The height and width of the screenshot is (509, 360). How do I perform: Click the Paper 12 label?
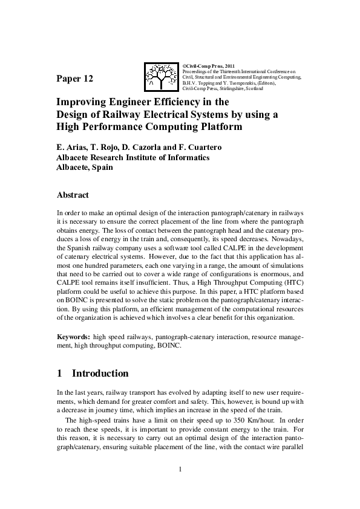75,79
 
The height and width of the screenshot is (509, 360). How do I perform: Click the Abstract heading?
73,195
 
